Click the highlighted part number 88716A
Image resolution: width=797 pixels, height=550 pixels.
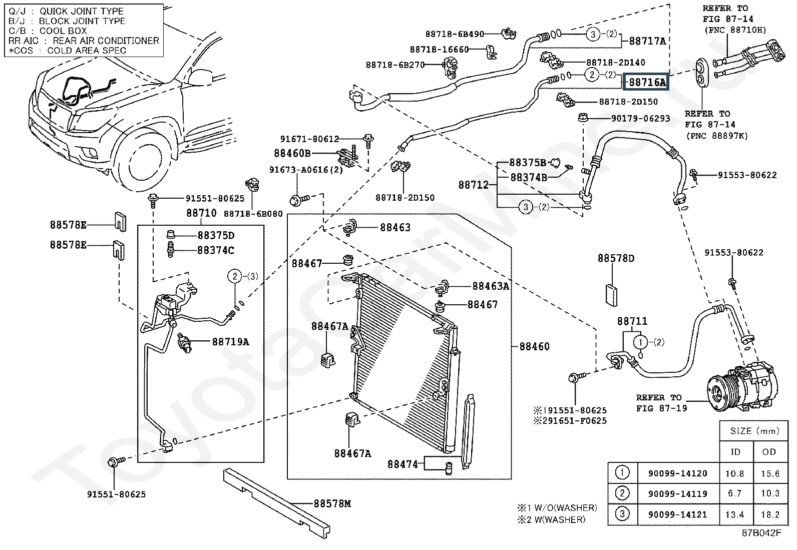(647, 82)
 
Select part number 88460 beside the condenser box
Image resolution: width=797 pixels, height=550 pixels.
(534, 346)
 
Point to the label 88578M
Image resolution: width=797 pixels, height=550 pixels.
(332, 504)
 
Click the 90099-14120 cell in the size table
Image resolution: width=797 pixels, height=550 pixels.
(677, 473)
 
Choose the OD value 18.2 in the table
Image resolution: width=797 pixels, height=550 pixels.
(769, 514)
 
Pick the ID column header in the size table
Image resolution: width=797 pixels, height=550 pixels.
(735, 452)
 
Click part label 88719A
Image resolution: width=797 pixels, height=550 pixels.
(230, 342)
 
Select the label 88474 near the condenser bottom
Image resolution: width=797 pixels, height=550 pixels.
(403, 464)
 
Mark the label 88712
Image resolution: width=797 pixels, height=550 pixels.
(473, 185)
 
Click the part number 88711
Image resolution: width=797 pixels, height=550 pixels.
(632, 321)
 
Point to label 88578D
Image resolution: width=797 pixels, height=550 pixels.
(616, 259)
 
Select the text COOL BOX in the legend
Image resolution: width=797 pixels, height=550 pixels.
(63, 31)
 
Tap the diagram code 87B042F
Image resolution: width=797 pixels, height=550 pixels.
(761, 533)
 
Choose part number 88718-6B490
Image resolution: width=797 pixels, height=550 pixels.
(455, 34)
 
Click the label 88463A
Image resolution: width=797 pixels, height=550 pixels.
(491, 286)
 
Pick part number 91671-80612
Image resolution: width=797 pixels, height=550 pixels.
(309, 139)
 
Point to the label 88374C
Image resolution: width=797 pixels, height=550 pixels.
(215, 250)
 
